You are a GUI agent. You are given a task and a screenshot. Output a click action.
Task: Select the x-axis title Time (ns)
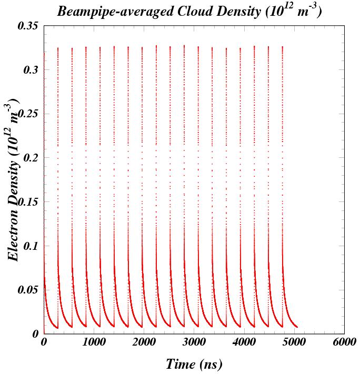pyautogui.click(x=194, y=364)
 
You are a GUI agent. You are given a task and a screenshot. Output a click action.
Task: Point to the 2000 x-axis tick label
pyautogui.click(x=144, y=342)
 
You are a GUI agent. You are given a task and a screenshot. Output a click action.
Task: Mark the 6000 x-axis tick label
pyautogui.click(x=344, y=342)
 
